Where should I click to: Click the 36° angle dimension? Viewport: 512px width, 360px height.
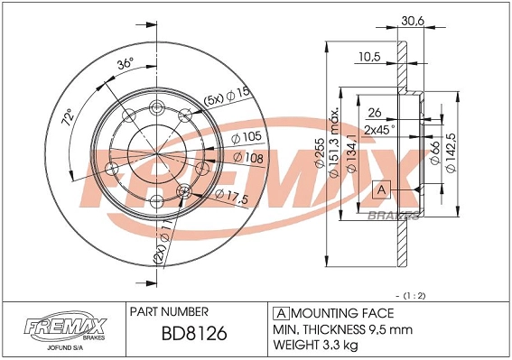126,63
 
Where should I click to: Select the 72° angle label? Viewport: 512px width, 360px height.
64,118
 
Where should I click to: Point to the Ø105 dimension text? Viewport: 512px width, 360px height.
247,138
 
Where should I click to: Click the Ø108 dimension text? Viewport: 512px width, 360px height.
248,157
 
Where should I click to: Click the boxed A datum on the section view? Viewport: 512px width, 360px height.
381,189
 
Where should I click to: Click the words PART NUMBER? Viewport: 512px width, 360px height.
170,310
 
